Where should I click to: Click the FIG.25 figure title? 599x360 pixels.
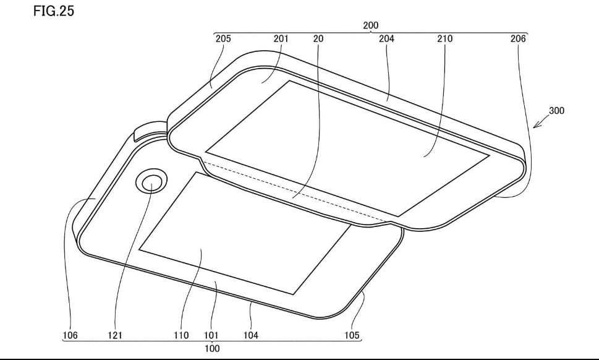pos(54,11)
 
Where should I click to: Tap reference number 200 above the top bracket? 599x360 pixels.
pos(370,25)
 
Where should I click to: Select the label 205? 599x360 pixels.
pos(223,38)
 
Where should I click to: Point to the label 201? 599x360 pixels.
pos(281,38)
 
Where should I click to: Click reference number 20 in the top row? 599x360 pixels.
pos(318,38)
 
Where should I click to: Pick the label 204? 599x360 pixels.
pos(386,38)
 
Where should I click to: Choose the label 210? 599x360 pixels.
pos(444,38)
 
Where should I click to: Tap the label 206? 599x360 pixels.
pos(518,38)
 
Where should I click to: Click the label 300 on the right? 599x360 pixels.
pos(556,111)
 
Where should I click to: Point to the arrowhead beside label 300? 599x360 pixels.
pos(536,125)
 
